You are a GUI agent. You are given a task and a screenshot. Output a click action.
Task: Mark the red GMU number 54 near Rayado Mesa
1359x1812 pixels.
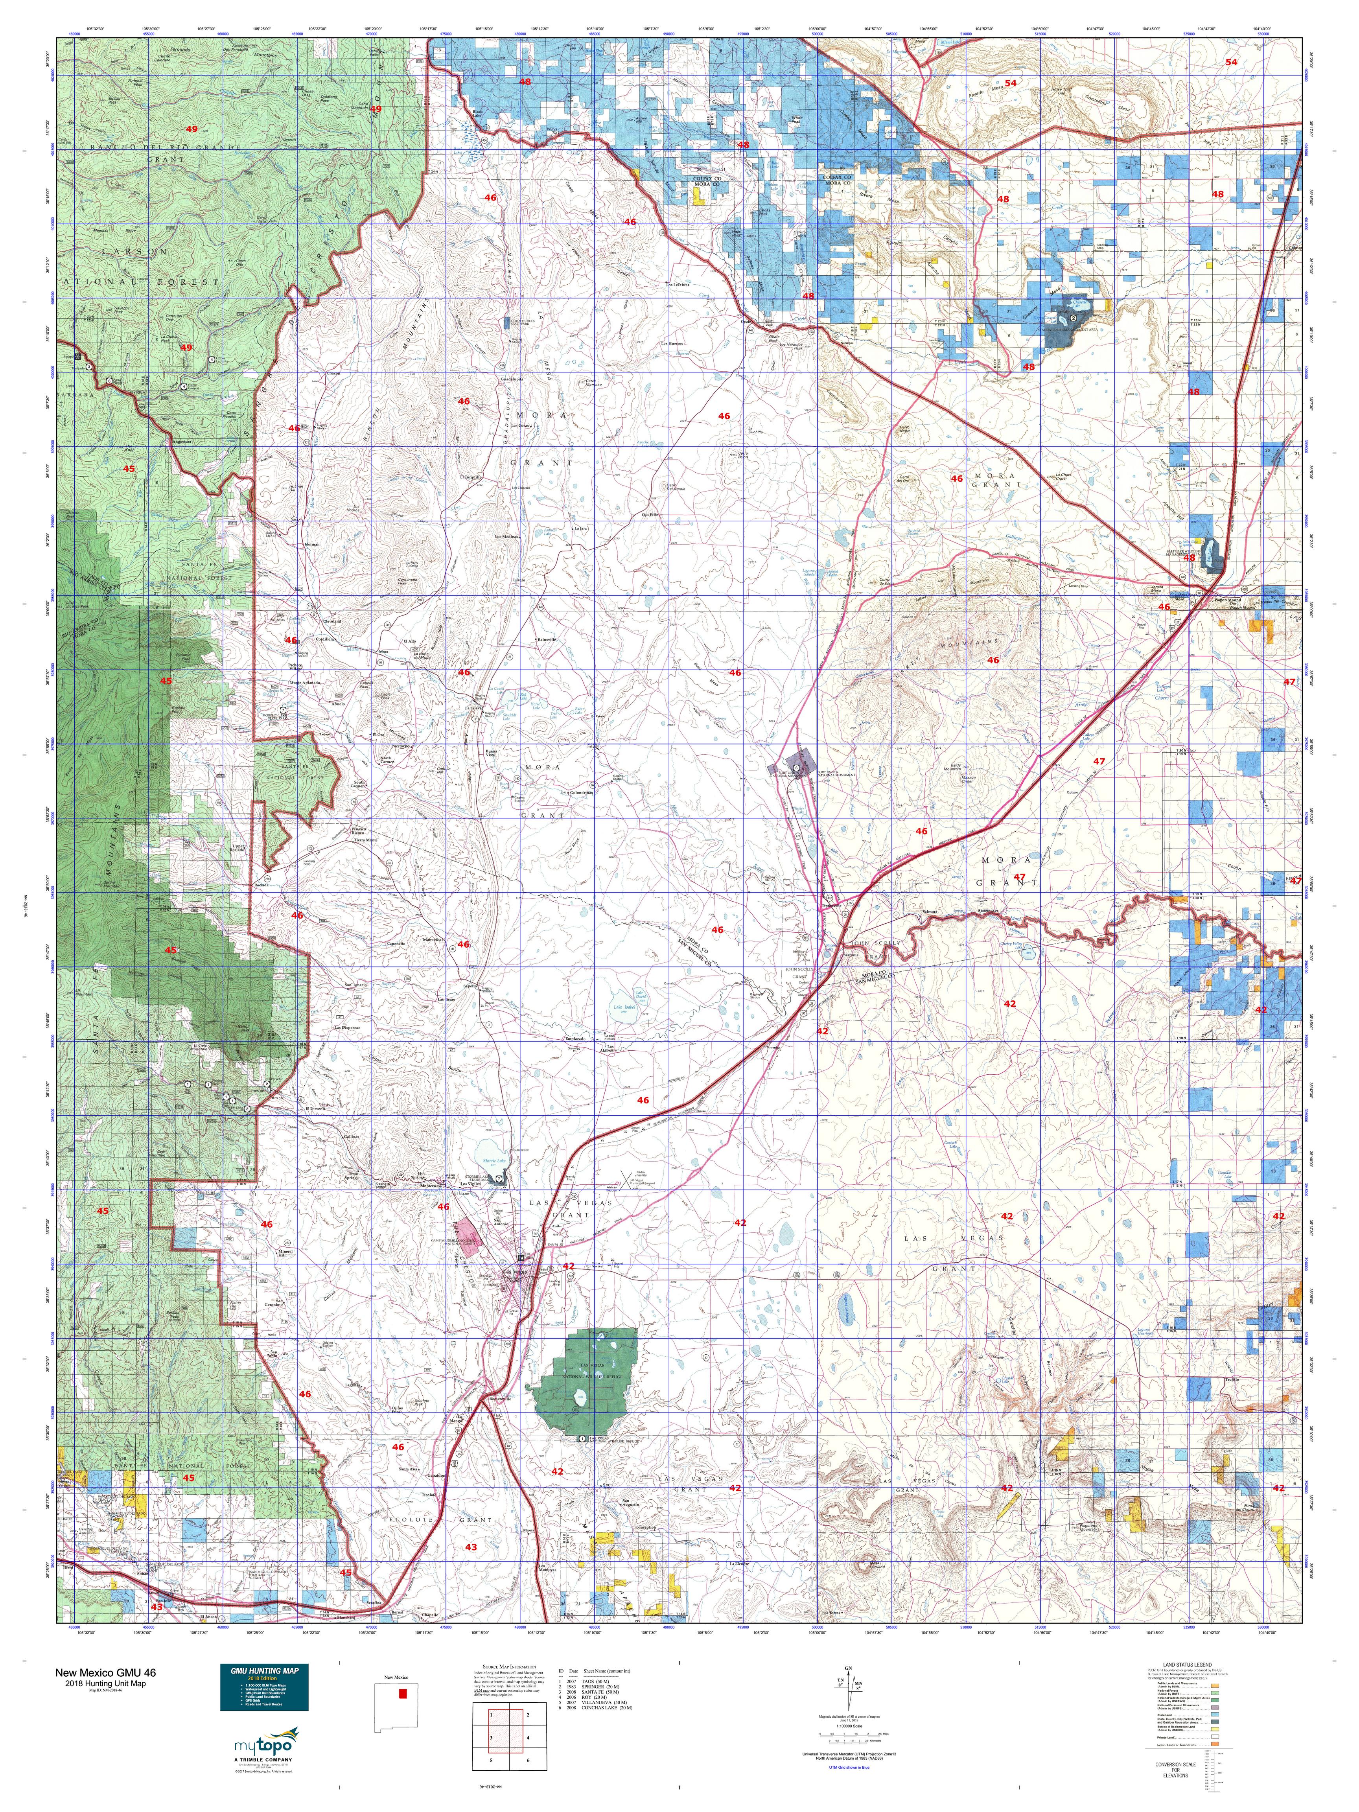tap(1010, 83)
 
